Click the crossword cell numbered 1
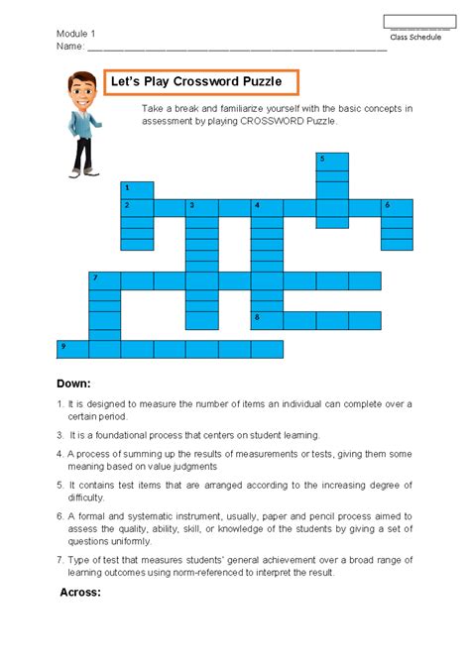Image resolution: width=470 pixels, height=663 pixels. click(138, 189)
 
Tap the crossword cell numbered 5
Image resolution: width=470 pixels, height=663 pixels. click(332, 162)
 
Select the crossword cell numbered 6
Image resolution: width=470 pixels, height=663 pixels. click(397, 207)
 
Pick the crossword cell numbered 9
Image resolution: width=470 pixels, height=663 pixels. click(73, 349)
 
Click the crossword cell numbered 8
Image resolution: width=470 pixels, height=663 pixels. click(267, 320)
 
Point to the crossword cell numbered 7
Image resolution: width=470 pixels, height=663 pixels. click(105, 280)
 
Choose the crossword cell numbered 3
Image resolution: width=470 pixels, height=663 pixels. click(202, 207)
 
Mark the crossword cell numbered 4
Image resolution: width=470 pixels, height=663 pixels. click(267, 207)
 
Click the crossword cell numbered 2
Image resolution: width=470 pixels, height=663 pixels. click(138, 207)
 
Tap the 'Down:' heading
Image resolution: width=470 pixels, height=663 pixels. click(73, 383)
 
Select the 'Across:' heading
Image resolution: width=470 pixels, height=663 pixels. click(80, 592)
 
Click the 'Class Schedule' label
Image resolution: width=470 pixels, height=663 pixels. click(415, 37)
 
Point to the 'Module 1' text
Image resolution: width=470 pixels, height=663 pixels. click(76, 33)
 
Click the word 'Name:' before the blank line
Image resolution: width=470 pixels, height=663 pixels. click(70, 46)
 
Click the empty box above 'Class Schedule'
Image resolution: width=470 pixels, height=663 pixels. click(419, 21)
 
